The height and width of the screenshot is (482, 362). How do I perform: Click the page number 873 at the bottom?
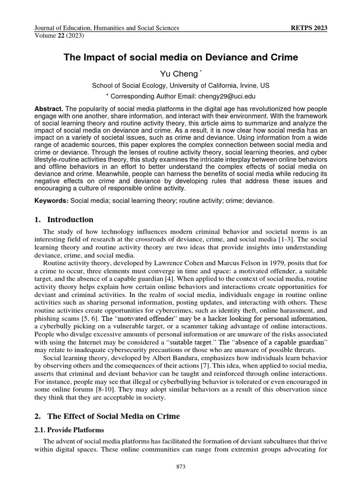click(181, 466)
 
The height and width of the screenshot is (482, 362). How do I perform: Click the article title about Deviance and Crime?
click(181, 58)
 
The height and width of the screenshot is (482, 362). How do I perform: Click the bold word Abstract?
click(48, 108)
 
